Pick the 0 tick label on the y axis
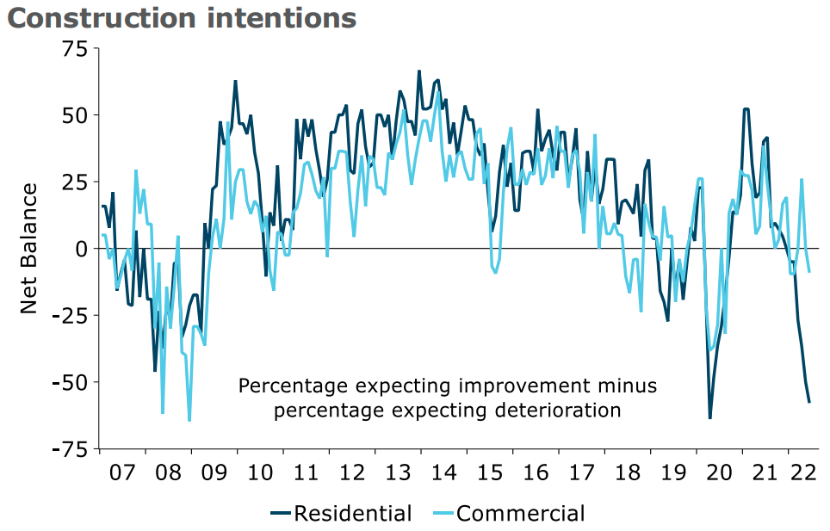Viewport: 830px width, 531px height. pos(81,249)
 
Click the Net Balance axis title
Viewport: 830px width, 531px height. pos(29,248)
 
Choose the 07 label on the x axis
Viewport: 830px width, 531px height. pos(122,472)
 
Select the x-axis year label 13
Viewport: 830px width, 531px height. pos(398,472)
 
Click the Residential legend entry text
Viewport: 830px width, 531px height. pos(353,514)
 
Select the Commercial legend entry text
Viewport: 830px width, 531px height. pos(520,514)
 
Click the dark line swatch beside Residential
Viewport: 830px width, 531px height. pos(281,514)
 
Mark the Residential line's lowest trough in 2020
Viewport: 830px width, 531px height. pos(710,418)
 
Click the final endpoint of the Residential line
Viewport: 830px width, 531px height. pos(809,402)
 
